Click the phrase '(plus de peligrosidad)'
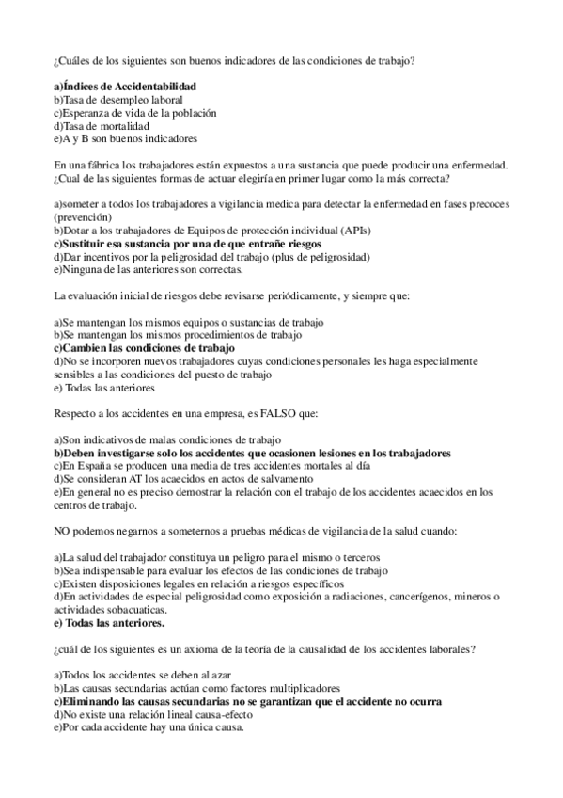(316, 257)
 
